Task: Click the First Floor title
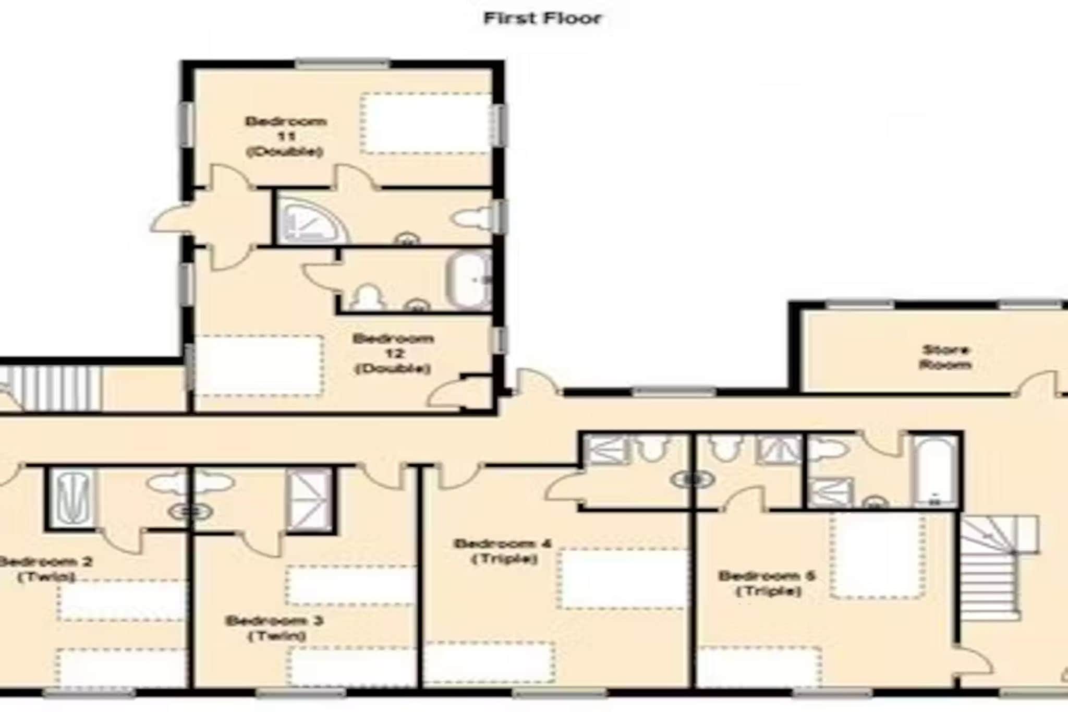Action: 542,18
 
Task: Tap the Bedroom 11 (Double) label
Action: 286,137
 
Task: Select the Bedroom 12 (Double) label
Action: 393,353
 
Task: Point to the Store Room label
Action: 945,357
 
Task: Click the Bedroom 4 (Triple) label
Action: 503,551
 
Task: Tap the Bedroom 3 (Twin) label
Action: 275,628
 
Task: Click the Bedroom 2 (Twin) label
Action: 46,569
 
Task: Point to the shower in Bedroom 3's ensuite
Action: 310,500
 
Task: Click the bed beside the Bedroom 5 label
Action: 878,556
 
